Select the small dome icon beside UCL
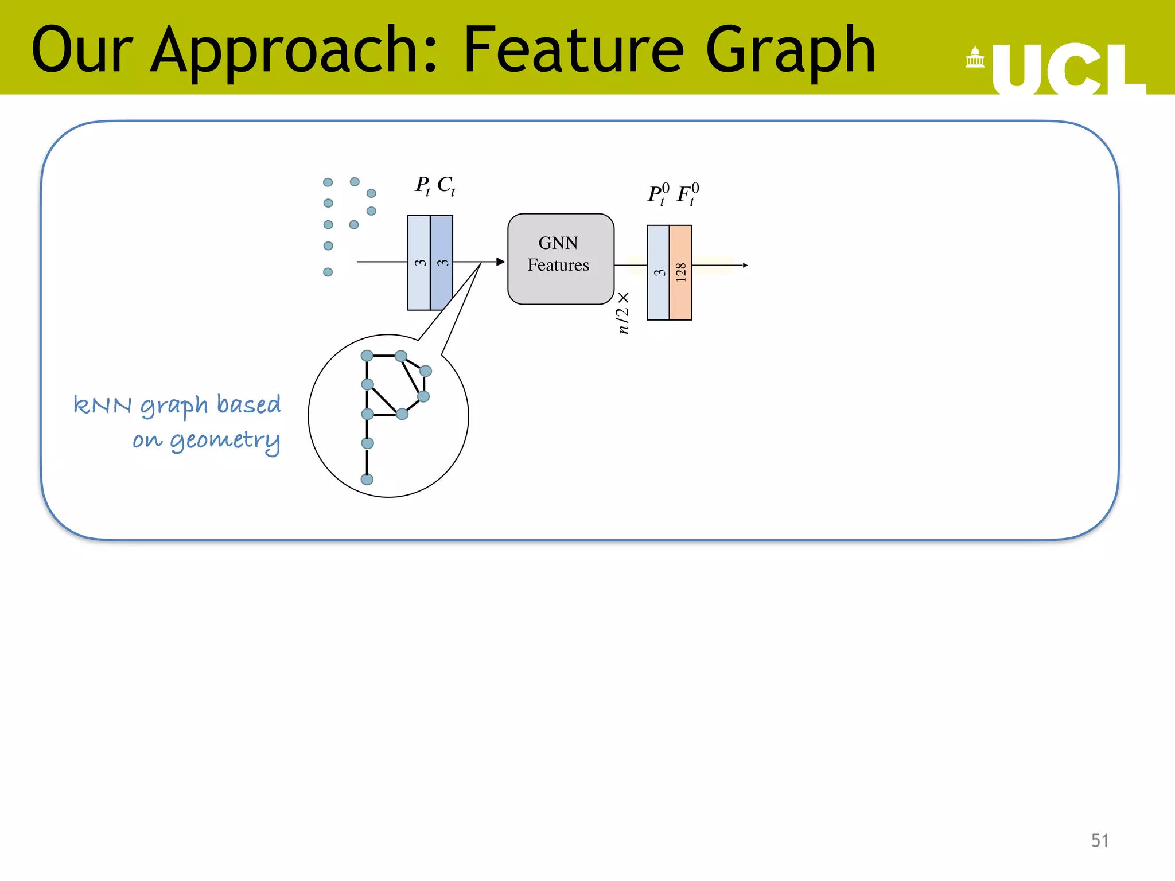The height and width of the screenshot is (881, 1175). point(975,58)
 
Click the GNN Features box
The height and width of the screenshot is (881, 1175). point(561,259)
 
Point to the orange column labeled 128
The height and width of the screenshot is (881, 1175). point(680,272)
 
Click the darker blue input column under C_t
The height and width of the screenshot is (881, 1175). point(442,262)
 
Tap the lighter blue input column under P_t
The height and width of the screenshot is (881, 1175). point(419,262)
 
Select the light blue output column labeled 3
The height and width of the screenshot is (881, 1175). point(658,272)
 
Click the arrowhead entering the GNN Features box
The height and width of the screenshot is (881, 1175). point(500,262)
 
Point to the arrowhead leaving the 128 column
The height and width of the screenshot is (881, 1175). point(745,265)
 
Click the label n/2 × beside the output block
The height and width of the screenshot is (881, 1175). point(623,313)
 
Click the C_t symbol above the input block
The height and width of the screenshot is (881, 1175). point(446,185)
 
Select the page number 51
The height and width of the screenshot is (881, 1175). point(1099,840)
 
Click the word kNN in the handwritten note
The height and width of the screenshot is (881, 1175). point(103,405)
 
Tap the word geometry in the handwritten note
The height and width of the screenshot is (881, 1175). point(225,440)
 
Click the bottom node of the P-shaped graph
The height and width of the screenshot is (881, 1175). point(367,479)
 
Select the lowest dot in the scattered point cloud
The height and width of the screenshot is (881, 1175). point(328,272)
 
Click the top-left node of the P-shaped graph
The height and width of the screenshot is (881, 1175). point(367,356)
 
